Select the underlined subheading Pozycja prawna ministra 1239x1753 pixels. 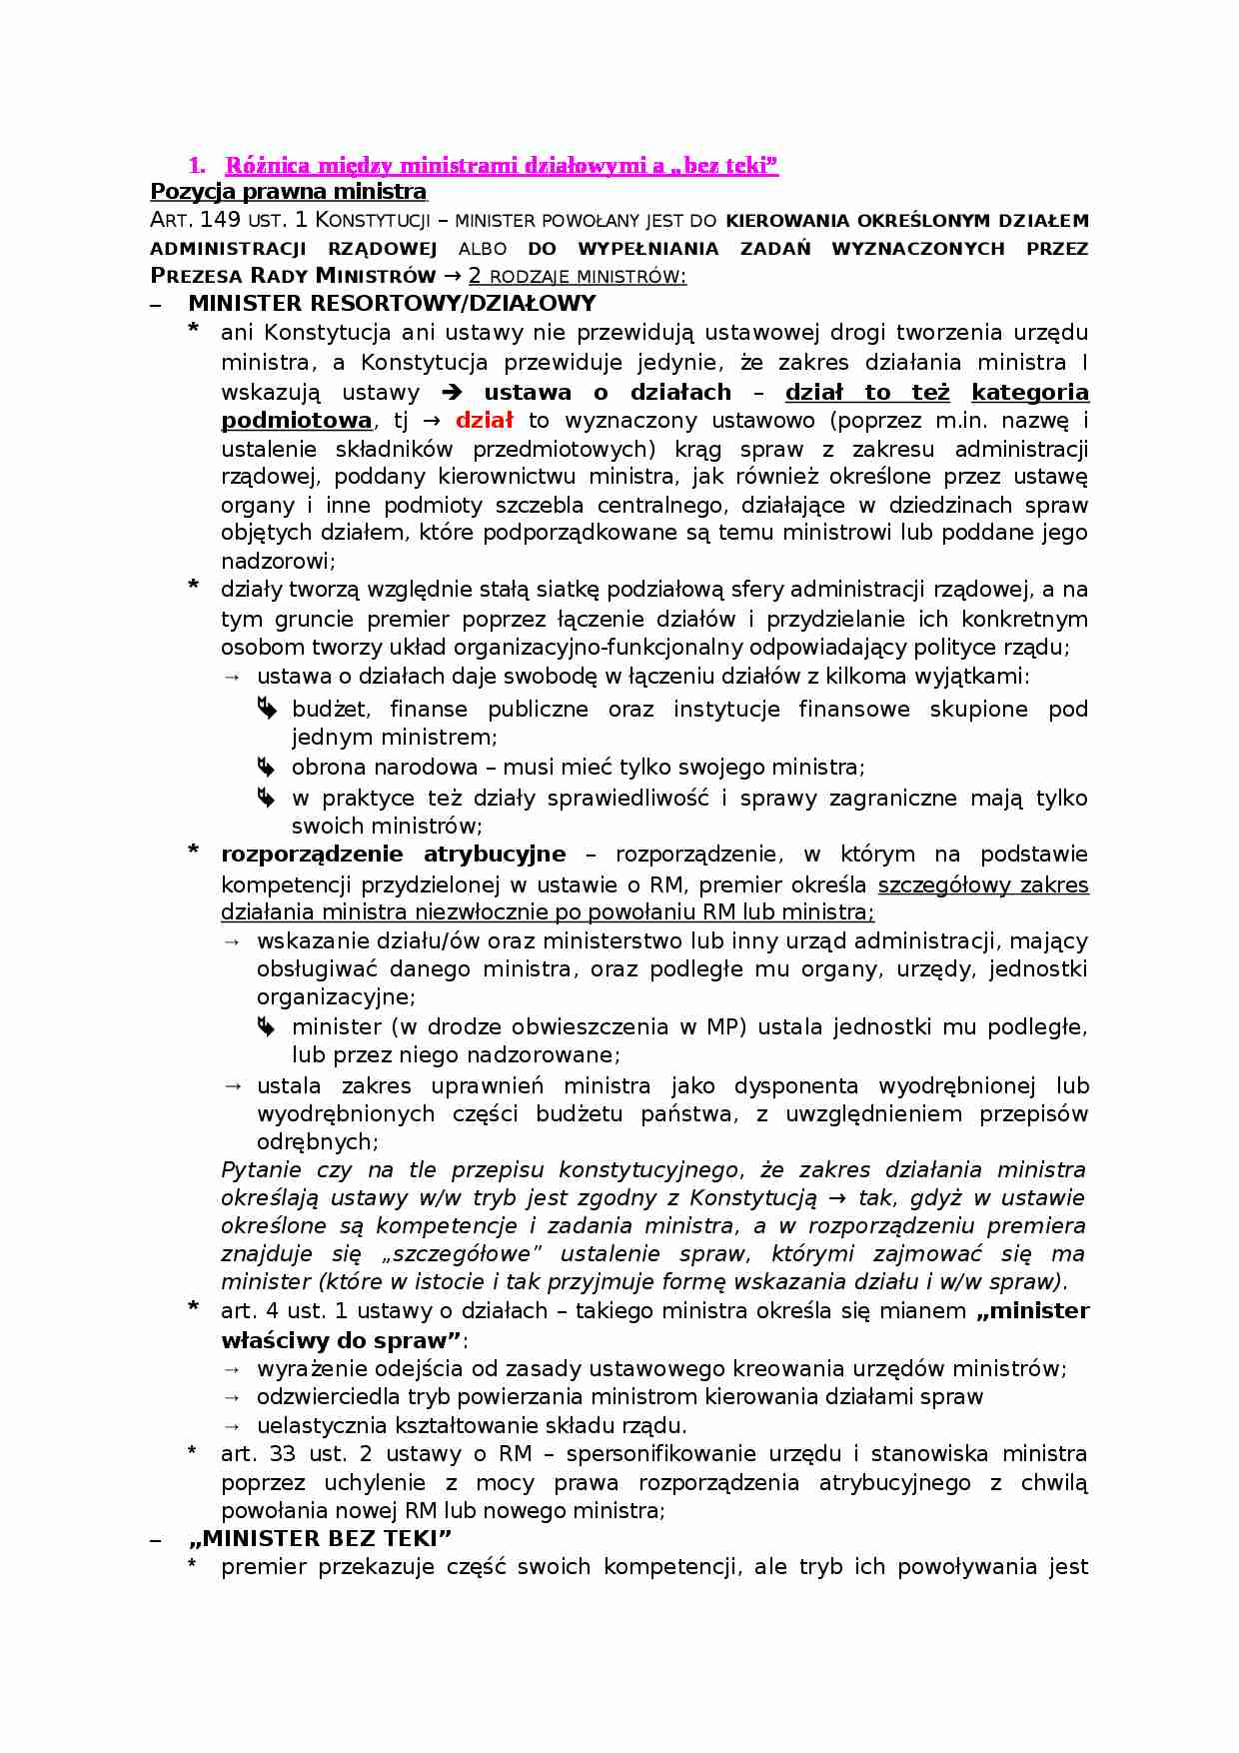(x=288, y=191)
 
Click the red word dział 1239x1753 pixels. (x=484, y=420)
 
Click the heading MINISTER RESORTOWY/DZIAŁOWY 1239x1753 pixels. (x=392, y=303)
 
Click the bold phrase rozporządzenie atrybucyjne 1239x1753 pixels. (x=393, y=854)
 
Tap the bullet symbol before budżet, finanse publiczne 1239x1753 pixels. (x=266, y=708)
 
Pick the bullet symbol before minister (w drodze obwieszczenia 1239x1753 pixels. (x=266, y=1026)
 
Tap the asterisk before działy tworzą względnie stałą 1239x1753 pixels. (x=194, y=587)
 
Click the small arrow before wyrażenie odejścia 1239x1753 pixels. (x=232, y=1369)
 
